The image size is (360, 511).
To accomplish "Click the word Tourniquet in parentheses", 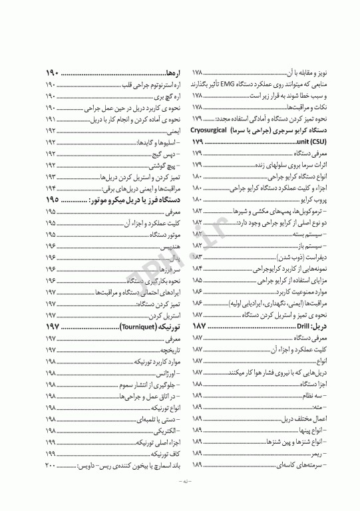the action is pos(140,328).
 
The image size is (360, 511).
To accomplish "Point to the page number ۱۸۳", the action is pos(197,256).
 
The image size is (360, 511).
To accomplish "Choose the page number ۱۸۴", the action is pos(197,268).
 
